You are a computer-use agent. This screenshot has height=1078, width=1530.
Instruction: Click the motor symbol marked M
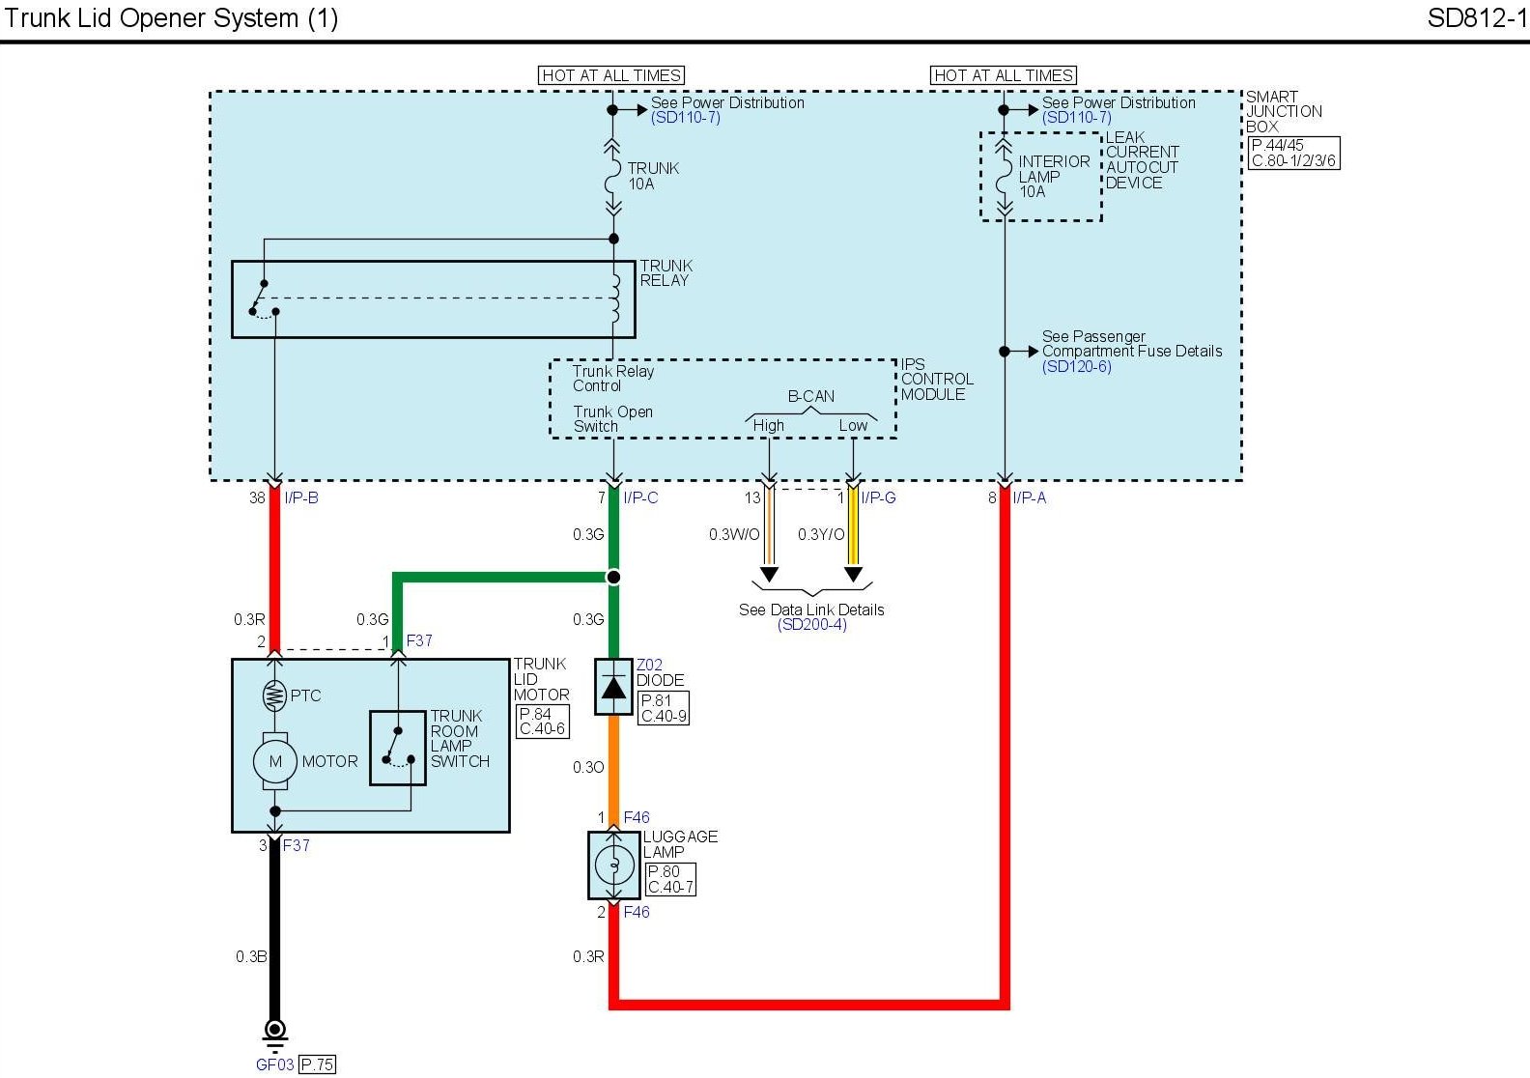(x=274, y=761)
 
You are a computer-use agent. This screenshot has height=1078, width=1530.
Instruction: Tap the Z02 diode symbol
(x=613, y=687)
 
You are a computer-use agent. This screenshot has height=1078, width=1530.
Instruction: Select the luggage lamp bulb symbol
(x=614, y=865)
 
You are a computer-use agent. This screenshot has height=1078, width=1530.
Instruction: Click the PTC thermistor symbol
(x=274, y=696)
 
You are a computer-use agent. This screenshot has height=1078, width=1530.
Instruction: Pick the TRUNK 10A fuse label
(x=653, y=176)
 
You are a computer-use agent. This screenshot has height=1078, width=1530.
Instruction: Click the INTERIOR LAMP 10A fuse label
(x=1053, y=176)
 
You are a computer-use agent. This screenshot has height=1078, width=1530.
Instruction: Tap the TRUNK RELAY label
(x=666, y=272)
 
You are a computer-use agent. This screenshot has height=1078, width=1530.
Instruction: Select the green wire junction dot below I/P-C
(x=613, y=578)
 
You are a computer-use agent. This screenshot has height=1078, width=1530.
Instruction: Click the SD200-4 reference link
(x=811, y=624)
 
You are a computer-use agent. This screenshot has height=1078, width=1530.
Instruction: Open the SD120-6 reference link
(x=1076, y=366)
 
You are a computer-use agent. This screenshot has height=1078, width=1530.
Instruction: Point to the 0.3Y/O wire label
(x=821, y=534)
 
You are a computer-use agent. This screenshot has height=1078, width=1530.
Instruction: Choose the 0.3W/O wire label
(x=734, y=534)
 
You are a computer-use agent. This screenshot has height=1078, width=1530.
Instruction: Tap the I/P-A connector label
(x=1030, y=498)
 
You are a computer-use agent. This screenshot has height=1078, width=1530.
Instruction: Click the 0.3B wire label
(x=251, y=956)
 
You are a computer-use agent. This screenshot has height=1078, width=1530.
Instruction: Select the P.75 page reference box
(x=318, y=1064)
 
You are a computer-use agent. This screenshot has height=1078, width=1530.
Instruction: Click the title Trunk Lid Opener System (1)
(x=171, y=18)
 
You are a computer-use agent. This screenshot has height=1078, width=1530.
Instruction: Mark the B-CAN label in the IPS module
(x=810, y=396)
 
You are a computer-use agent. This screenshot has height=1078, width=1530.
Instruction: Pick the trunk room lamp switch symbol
(x=398, y=748)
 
